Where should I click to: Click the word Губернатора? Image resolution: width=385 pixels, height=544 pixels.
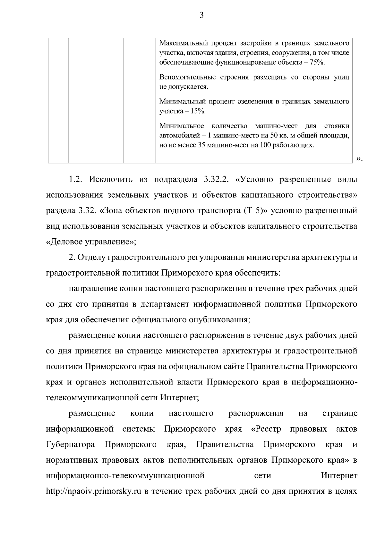click(x=71, y=445)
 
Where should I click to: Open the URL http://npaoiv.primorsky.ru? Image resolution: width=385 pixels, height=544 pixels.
click(x=94, y=492)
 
